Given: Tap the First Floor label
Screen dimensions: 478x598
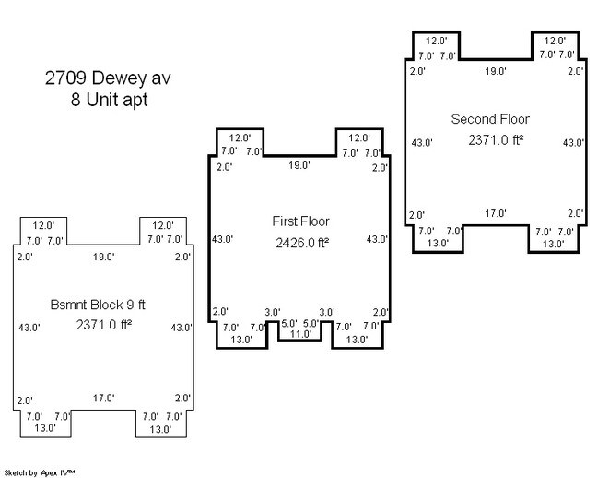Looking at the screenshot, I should [300, 221].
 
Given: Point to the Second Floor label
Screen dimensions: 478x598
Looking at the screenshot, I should [490, 119].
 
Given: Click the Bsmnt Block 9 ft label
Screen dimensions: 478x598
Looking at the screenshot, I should [103, 304].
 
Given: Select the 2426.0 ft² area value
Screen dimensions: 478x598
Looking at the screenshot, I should [302, 244].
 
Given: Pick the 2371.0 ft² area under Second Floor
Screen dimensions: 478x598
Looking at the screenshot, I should [496, 140].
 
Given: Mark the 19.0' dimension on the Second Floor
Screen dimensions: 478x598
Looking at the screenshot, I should [496, 71].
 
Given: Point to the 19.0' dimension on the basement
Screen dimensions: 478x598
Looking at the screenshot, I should [103, 257].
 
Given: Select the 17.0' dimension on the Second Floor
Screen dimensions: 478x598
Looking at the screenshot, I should [496, 213].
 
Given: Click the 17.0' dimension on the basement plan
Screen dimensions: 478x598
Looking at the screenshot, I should [103, 399].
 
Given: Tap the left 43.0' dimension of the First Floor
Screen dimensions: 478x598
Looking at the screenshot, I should [223, 239].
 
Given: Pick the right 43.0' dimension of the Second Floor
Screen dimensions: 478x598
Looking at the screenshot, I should [573, 142].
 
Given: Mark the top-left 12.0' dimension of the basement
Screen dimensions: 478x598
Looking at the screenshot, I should [44, 225].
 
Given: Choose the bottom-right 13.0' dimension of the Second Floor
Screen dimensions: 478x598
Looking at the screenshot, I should [553, 244].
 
